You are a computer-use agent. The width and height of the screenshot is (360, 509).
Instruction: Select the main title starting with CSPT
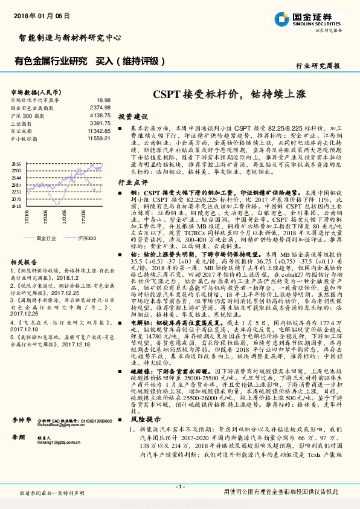(x=229, y=94)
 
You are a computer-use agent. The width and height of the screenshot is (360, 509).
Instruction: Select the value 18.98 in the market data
(x=103, y=100)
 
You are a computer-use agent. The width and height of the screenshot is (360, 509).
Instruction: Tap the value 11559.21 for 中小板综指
(x=98, y=138)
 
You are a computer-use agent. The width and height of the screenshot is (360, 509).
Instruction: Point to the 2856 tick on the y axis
(x=16, y=164)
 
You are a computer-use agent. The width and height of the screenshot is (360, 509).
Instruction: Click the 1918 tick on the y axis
(x=16, y=206)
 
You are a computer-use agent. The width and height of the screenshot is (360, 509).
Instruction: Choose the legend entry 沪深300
(x=87, y=239)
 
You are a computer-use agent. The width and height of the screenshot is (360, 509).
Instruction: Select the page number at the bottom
(x=179, y=486)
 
